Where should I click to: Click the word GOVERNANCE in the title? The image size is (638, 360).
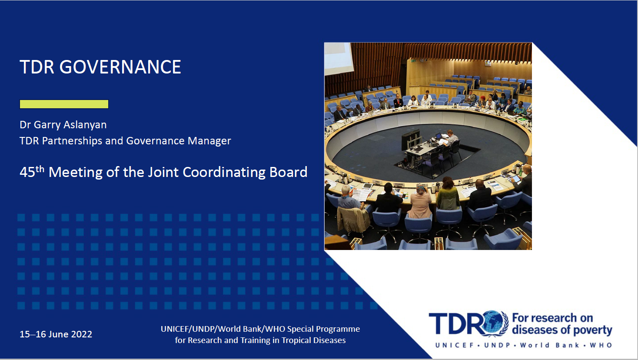click(120, 67)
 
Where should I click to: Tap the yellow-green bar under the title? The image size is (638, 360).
click(64, 104)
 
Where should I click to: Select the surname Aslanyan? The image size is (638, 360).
click(85, 125)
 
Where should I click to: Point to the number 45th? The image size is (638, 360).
click(32, 172)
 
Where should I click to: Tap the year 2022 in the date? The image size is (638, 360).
click(81, 334)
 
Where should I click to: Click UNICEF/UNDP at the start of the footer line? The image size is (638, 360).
click(188, 329)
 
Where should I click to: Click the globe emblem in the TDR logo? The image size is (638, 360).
click(492, 323)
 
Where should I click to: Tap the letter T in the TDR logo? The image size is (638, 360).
click(439, 323)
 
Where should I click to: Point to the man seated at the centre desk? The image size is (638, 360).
click(451, 138)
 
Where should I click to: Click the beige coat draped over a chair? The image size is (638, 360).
click(353, 220)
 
